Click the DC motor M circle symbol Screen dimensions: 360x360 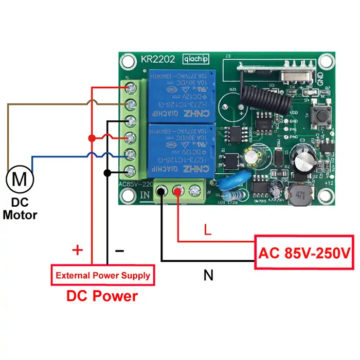click(x=20, y=179)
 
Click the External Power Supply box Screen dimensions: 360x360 click(x=103, y=275)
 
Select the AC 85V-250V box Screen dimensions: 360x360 click(x=304, y=253)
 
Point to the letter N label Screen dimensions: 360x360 click(x=208, y=276)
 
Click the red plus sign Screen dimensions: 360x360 click(x=77, y=250)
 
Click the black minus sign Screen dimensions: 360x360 click(x=119, y=250)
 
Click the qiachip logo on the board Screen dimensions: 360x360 click(x=196, y=59)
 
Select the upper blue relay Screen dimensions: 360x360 click(x=181, y=96)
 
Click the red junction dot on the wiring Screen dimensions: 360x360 click(x=92, y=138)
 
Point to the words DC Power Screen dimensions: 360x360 click(x=102, y=296)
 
